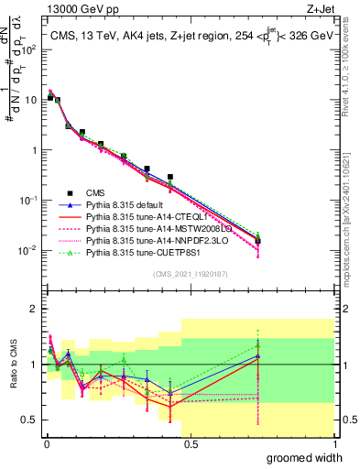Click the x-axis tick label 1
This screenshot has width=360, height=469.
tap(333, 444)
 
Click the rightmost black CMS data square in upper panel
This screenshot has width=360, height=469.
tap(258, 241)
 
